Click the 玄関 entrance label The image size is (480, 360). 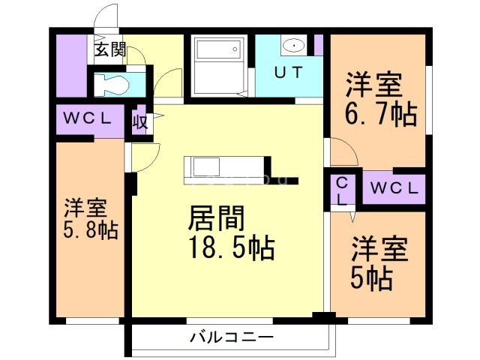coord(109,51)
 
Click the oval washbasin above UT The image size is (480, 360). coord(295,46)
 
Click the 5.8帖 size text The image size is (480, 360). coord(90,229)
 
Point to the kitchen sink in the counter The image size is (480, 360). coord(202,165)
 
